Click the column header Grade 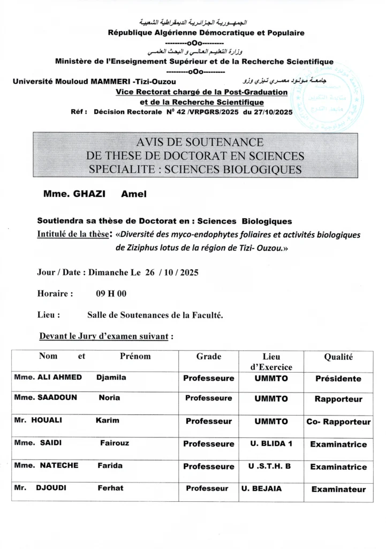[x=209, y=357]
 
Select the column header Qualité [x=338, y=357]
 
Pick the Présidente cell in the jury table [x=338, y=379]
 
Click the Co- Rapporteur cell [x=338, y=422]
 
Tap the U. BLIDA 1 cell [x=271, y=444]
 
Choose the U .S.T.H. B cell [x=270, y=466]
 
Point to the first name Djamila [x=111, y=377]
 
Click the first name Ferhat [x=110, y=488]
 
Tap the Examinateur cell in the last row [x=338, y=489]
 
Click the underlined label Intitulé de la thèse [x=74, y=234]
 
